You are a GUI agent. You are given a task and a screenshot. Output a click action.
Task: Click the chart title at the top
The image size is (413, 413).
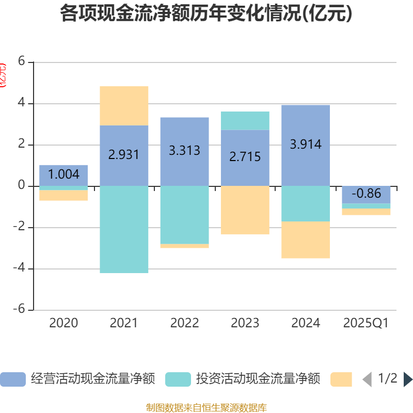[206, 14]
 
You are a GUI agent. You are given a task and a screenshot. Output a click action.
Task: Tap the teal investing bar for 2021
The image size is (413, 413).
[124, 229]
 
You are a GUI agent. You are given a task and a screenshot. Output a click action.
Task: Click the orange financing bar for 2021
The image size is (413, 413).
[124, 106]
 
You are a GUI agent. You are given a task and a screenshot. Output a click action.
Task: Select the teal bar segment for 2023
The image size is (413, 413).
[245, 121]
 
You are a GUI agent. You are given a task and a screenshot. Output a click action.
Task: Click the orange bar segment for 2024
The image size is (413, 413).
[306, 240]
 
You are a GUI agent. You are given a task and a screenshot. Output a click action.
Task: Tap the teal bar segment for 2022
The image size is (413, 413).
[184, 215]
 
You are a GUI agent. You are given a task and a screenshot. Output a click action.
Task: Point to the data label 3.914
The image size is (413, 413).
[306, 145]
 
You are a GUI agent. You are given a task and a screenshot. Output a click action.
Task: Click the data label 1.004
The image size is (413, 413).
[63, 174]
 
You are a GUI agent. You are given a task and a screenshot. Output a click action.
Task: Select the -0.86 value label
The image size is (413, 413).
[366, 194]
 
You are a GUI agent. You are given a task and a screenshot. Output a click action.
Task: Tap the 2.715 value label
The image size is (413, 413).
[245, 157]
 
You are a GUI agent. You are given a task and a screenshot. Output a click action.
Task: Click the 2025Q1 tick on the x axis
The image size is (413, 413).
[366, 323]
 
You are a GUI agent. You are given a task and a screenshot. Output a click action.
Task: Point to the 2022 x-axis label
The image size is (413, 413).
[184, 323]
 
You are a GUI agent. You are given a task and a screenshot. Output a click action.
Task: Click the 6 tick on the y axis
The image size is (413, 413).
[21, 61]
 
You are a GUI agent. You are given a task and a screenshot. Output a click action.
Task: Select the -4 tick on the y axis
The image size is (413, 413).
[19, 268]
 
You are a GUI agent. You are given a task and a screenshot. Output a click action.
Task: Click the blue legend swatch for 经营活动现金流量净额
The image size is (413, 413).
[13, 379]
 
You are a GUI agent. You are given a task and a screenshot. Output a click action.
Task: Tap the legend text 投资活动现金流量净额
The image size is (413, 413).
[258, 379]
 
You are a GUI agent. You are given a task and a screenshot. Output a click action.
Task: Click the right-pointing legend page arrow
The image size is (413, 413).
[408, 379]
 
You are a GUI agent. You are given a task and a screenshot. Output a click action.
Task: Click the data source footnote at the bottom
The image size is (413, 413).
[206, 408]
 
